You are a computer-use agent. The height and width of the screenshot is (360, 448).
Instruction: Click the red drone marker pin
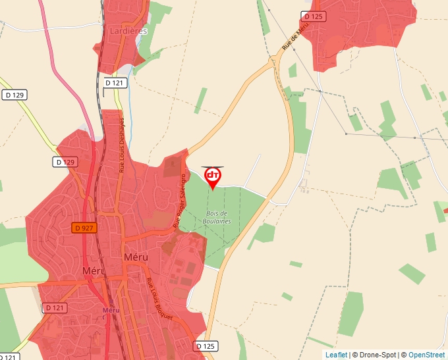tap(213, 176)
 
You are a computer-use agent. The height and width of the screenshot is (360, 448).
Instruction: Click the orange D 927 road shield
tap(84, 228)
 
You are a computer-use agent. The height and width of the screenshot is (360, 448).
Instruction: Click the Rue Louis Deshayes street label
tap(122, 145)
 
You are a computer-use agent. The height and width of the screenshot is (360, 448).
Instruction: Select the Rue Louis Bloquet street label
tap(160, 299)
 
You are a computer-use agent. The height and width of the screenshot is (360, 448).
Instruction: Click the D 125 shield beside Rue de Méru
tap(314, 16)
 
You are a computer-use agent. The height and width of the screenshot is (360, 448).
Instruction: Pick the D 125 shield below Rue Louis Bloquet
tap(206, 346)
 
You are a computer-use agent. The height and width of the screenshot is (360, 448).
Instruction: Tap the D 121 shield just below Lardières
tap(114, 82)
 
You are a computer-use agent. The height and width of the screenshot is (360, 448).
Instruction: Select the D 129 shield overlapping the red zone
tap(66, 161)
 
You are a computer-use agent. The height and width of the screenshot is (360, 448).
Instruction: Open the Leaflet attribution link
tap(336, 355)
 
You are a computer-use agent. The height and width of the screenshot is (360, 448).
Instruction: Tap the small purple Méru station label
tap(110, 310)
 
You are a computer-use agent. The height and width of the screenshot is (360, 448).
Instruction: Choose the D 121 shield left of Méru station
tap(55, 307)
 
